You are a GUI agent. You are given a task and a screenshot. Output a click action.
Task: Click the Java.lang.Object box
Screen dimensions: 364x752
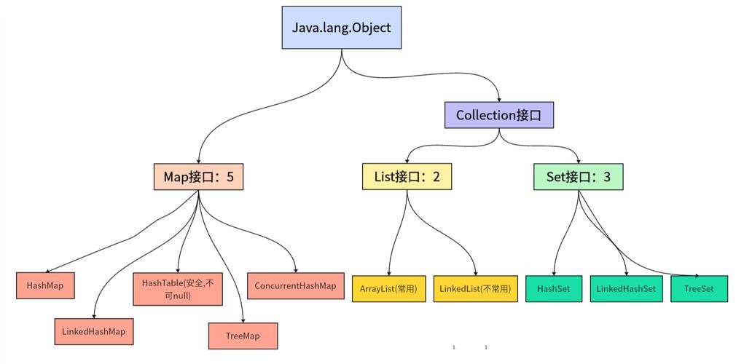point(341,28)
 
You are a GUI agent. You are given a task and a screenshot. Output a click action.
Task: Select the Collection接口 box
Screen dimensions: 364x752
point(499,115)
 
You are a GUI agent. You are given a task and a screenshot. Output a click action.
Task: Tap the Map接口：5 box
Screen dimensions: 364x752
point(198,176)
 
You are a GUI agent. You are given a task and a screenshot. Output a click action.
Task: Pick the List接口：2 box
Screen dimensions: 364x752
point(407,176)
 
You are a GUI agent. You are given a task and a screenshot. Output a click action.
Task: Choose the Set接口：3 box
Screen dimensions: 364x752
point(579,176)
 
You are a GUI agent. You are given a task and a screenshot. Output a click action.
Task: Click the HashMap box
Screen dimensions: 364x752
point(45,285)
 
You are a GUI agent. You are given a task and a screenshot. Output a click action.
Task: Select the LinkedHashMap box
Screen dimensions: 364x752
point(94,331)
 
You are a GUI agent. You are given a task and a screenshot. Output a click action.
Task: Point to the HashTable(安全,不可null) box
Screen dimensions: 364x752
point(178,288)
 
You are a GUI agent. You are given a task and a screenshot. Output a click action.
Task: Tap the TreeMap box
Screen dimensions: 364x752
point(243,336)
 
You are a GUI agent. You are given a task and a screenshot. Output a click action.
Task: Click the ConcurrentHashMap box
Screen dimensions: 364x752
point(295,285)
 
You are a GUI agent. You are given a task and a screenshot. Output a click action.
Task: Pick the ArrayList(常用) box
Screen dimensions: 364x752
point(388,288)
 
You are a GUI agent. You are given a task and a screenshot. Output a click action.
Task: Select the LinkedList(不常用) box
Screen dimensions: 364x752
point(475,288)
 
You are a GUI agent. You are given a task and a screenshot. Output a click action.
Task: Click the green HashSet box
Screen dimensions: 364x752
point(554,288)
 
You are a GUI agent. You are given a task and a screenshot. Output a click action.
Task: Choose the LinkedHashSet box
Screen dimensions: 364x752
point(626,288)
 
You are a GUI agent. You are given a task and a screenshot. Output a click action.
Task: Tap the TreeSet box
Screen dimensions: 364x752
point(699,288)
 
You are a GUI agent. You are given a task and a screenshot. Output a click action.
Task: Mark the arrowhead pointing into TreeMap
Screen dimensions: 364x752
point(242,320)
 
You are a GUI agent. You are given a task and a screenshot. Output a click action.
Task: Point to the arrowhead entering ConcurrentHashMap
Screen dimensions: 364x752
point(295,269)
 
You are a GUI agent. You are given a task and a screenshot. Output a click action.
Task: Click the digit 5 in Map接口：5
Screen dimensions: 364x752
point(230,176)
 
